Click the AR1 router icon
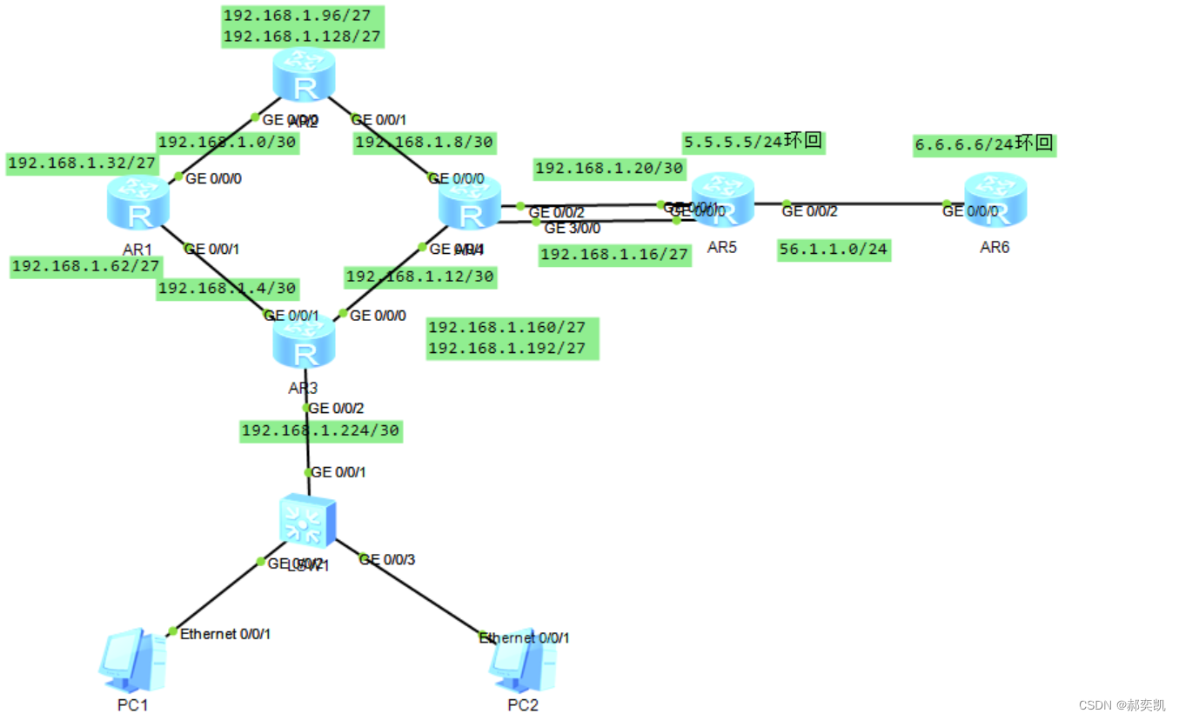pos(137,203)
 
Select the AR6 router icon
pos(995,203)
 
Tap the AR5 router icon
pos(721,203)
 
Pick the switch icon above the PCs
pos(306,521)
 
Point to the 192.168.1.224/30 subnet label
pos(320,430)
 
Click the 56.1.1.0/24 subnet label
pos(834,250)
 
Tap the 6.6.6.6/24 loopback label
pos(964,145)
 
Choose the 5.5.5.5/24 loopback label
pos(733,142)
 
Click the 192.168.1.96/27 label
pos(303,16)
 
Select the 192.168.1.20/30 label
pos(609,169)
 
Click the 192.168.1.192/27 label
pos(512,349)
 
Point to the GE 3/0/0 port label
pos(572,229)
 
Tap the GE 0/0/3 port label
pos(388,559)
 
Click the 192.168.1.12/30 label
pos(420,277)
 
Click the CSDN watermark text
pos(1122,704)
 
